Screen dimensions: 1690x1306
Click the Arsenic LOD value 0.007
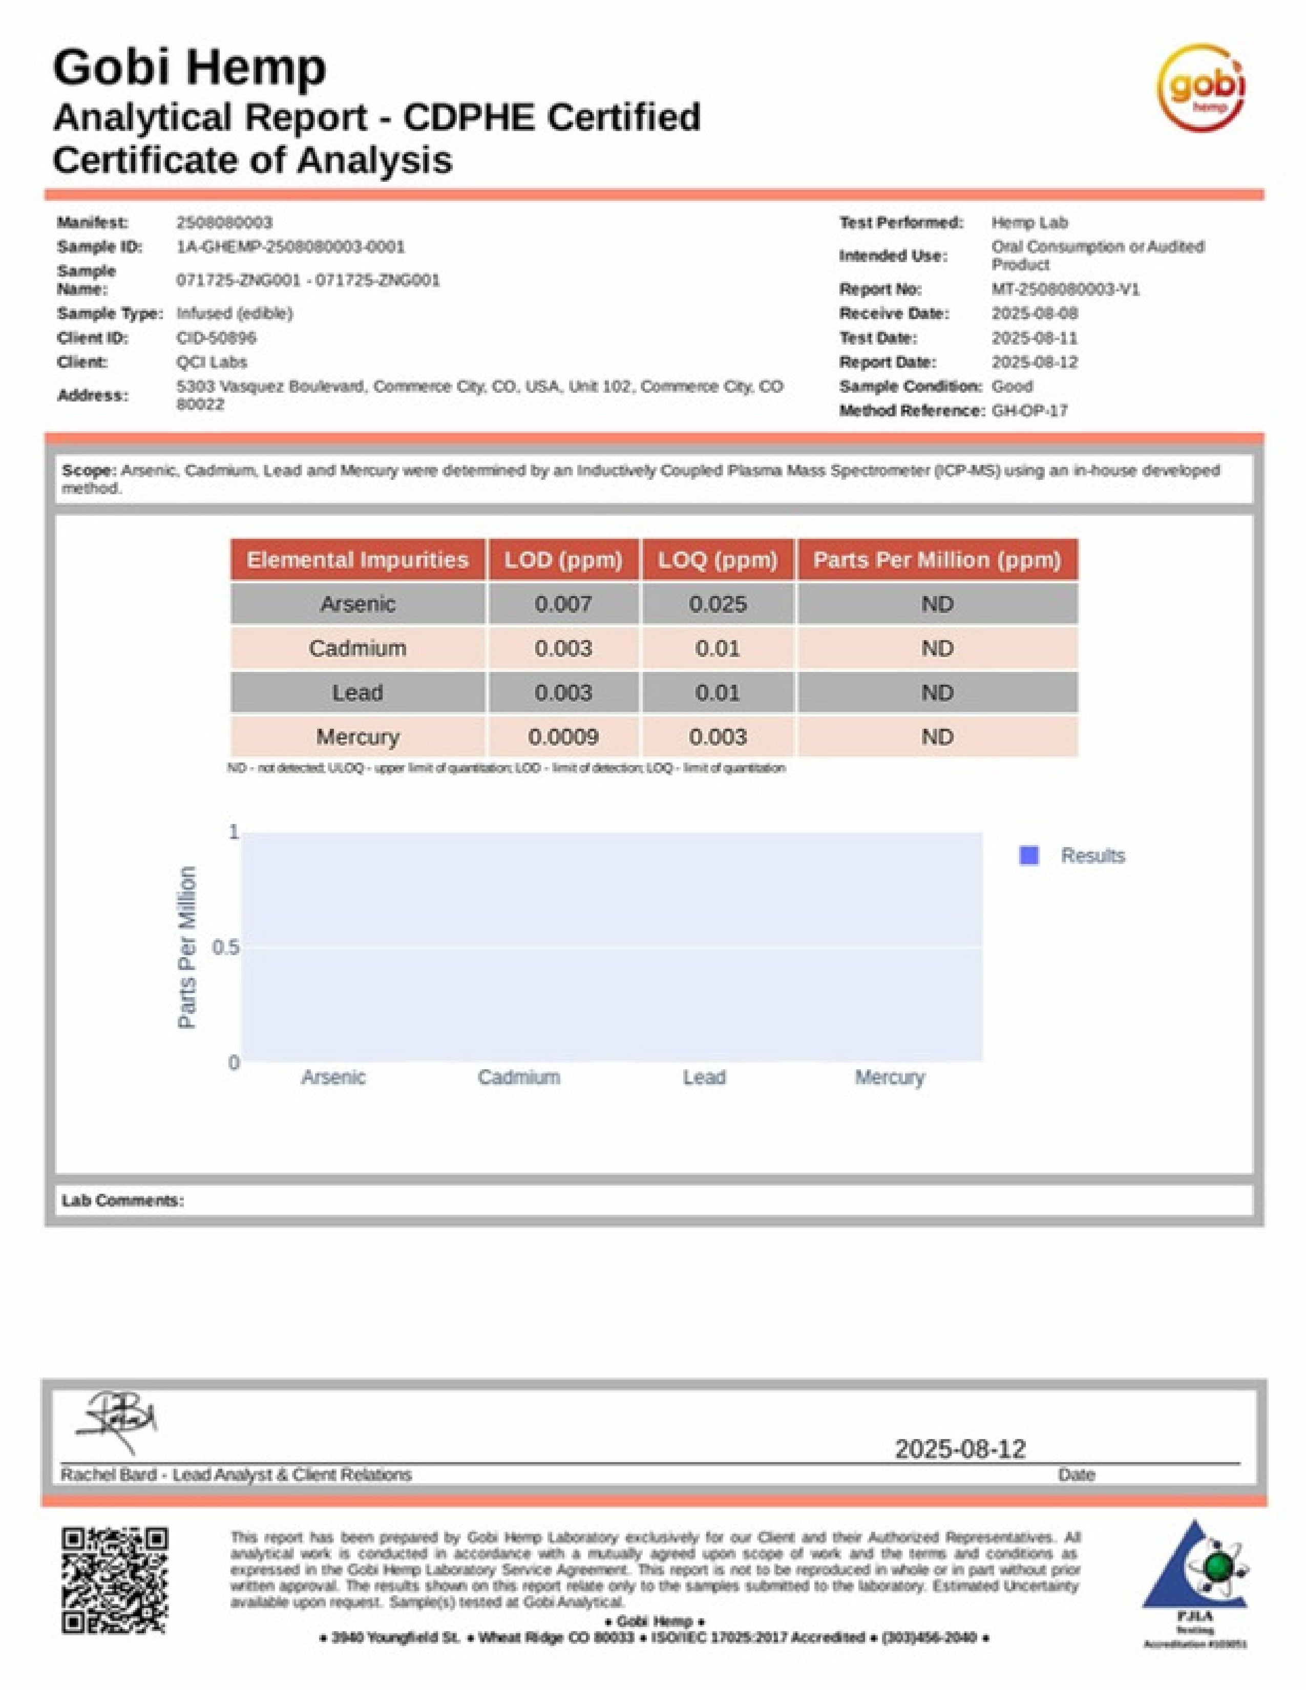point(563,604)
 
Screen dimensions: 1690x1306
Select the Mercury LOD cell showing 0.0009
point(563,736)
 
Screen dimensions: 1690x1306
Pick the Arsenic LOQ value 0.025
point(718,604)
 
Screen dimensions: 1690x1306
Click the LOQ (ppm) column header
point(718,559)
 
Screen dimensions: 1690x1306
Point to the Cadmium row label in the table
point(357,648)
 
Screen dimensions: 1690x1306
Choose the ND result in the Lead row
point(937,692)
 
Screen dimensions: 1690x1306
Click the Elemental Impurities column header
point(357,559)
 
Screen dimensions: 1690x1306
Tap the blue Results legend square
point(1029,855)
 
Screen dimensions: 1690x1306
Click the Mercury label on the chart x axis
point(890,1077)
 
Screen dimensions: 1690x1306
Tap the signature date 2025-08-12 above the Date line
point(960,1449)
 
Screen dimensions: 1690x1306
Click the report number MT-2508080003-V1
point(1065,289)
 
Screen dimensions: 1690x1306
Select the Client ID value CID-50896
point(216,337)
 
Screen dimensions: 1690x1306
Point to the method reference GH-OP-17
point(1030,411)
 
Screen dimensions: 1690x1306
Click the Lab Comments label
point(123,1200)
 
